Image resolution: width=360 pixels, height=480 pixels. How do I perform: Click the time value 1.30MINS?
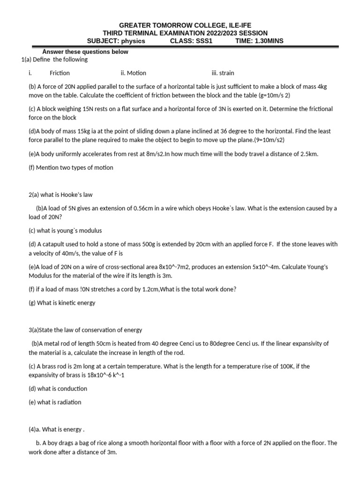pyautogui.click(x=268, y=41)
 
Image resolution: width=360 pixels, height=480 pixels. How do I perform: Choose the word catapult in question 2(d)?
pyautogui.click(x=56, y=244)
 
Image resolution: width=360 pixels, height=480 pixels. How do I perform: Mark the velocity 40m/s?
pyautogui.click(x=65, y=253)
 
